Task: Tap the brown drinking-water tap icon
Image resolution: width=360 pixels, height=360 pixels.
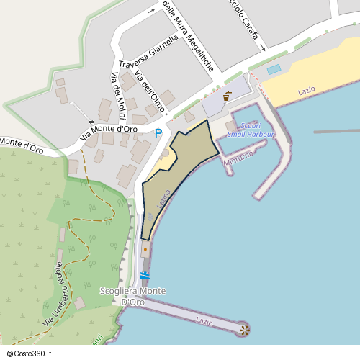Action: pos(228,94)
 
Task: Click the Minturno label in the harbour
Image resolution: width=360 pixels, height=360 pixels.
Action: pos(238,158)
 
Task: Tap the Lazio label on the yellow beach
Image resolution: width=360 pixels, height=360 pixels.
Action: pos(307,91)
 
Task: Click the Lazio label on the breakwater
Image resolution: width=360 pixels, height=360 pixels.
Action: pos(204,318)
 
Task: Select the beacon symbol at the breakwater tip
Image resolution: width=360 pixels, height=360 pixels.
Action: pos(244,330)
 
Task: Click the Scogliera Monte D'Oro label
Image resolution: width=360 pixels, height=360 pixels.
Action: pos(133,296)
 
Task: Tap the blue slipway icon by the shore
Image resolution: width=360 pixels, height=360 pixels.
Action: pos(144,276)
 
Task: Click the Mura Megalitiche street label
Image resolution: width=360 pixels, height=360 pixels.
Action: pos(189,36)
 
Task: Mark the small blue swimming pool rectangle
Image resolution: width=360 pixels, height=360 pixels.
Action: pos(274,70)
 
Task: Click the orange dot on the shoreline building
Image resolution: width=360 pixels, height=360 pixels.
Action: pos(145,250)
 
